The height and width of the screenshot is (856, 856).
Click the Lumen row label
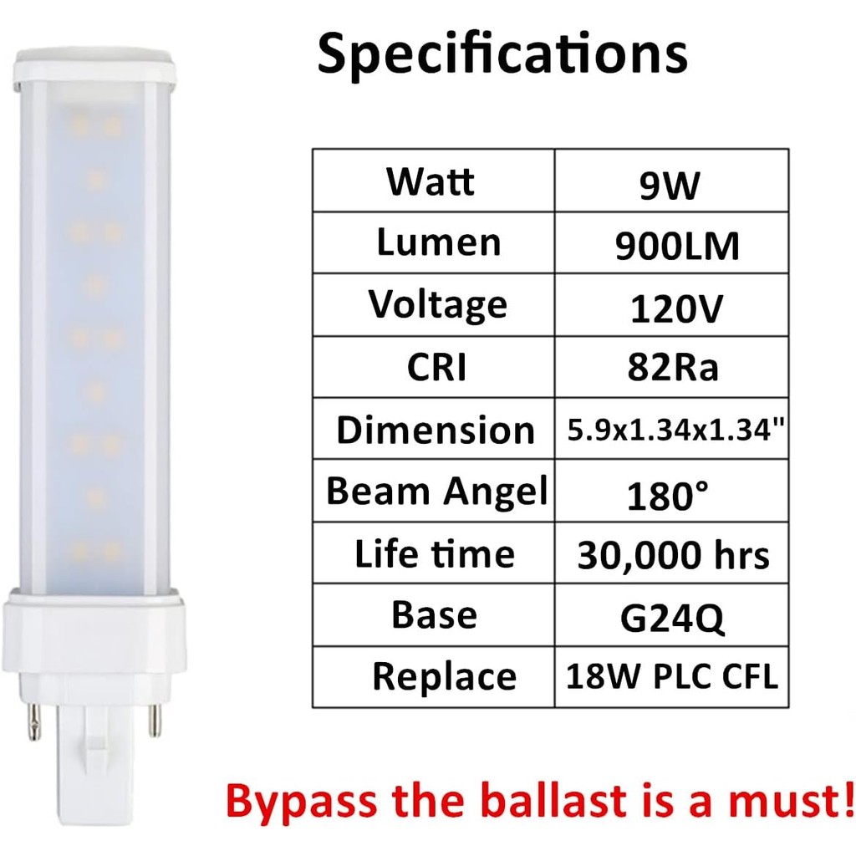point(438,242)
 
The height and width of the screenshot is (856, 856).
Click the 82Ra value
point(673,369)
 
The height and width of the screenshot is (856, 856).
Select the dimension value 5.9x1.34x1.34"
point(672,430)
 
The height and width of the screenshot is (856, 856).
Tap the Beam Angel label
point(436,492)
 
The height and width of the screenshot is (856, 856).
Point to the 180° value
point(668,495)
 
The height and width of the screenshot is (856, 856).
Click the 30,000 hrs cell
point(673,555)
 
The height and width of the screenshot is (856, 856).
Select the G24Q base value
point(672,618)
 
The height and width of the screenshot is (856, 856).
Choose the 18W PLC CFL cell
point(672,676)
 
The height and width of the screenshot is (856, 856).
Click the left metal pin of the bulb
point(36,721)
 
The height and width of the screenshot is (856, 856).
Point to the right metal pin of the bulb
point(155,719)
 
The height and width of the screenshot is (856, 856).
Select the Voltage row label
point(438,305)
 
